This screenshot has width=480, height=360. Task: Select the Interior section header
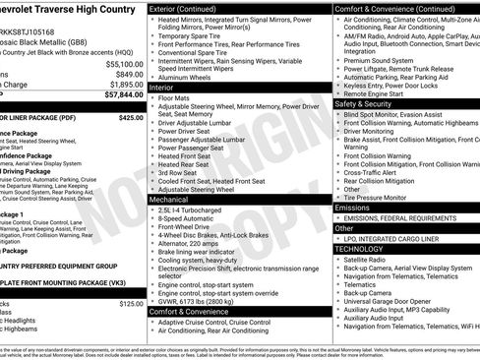166,88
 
